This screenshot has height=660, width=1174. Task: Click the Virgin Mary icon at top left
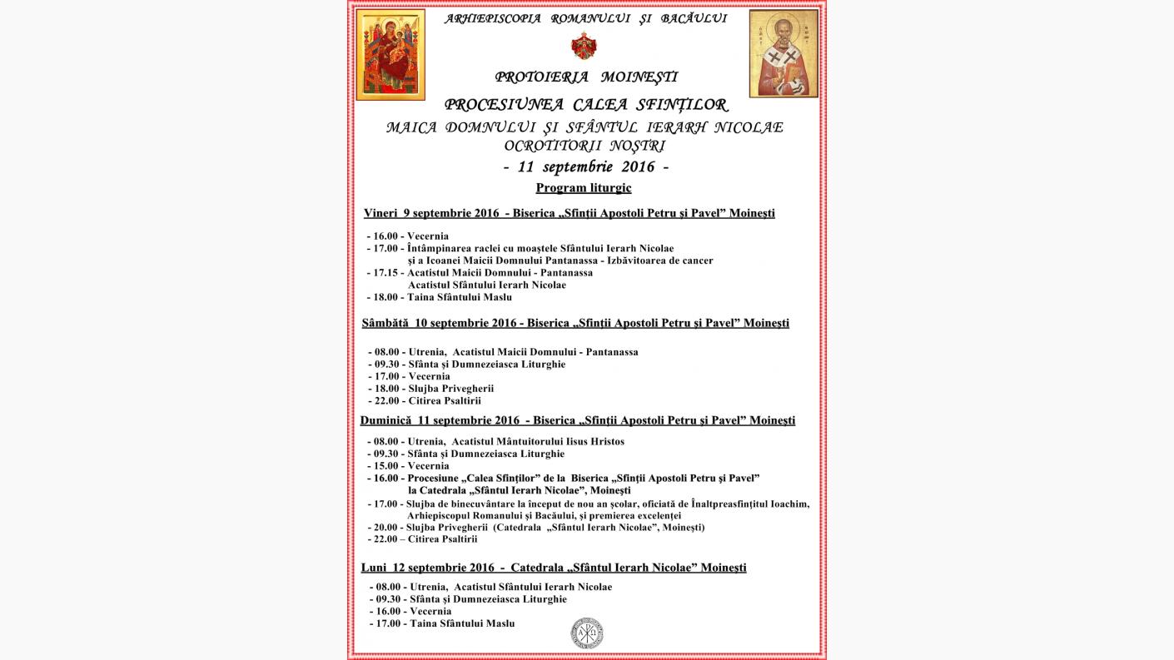tap(391, 55)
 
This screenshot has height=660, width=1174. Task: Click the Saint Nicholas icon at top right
tap(783, 54)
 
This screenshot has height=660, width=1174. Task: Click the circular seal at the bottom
tap(586, 633)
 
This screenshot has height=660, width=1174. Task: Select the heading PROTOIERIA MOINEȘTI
tap(586, 77)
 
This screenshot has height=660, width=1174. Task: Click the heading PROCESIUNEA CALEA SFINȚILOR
tap(586, 105)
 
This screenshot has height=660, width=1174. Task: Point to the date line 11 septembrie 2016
tap(586, 166)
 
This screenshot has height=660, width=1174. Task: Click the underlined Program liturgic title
tap(584, 188)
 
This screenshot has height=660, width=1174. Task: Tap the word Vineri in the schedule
tap(381, 213)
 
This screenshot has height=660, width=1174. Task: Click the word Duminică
tap(386, 420)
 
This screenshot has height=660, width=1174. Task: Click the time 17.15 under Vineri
tap(386, 272)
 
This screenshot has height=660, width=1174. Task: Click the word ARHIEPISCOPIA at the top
tap(493, 18)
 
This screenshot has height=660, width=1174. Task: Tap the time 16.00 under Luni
tap(390, 611)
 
